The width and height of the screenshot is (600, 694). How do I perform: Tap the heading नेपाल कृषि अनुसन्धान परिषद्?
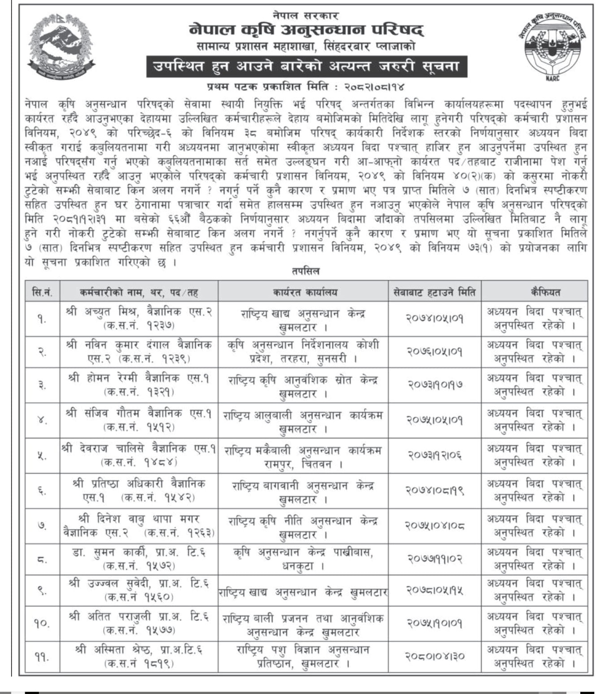(306, 31)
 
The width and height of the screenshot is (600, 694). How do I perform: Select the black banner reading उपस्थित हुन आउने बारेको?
(306, 66)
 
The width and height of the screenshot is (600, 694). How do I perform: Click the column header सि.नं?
(42, 292)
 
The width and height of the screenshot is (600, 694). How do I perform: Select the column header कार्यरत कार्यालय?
(305, 292)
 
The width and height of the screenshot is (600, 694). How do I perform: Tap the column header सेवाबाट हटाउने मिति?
(434, 292)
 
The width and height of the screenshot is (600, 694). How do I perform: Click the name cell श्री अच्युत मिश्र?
(139, 318)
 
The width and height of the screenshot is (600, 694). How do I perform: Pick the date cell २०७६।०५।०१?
(434, 352)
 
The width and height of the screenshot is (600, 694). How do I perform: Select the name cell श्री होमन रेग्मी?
(139, 385)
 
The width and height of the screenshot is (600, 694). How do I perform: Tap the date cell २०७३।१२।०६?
(434, 455)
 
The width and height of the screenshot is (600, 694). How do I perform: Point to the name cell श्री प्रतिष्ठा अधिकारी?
(139, 491)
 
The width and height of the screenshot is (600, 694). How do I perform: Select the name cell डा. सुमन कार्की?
(139, 558)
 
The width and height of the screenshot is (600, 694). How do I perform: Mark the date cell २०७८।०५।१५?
(434, 590)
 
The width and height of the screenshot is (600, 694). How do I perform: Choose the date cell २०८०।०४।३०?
(434, 656)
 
